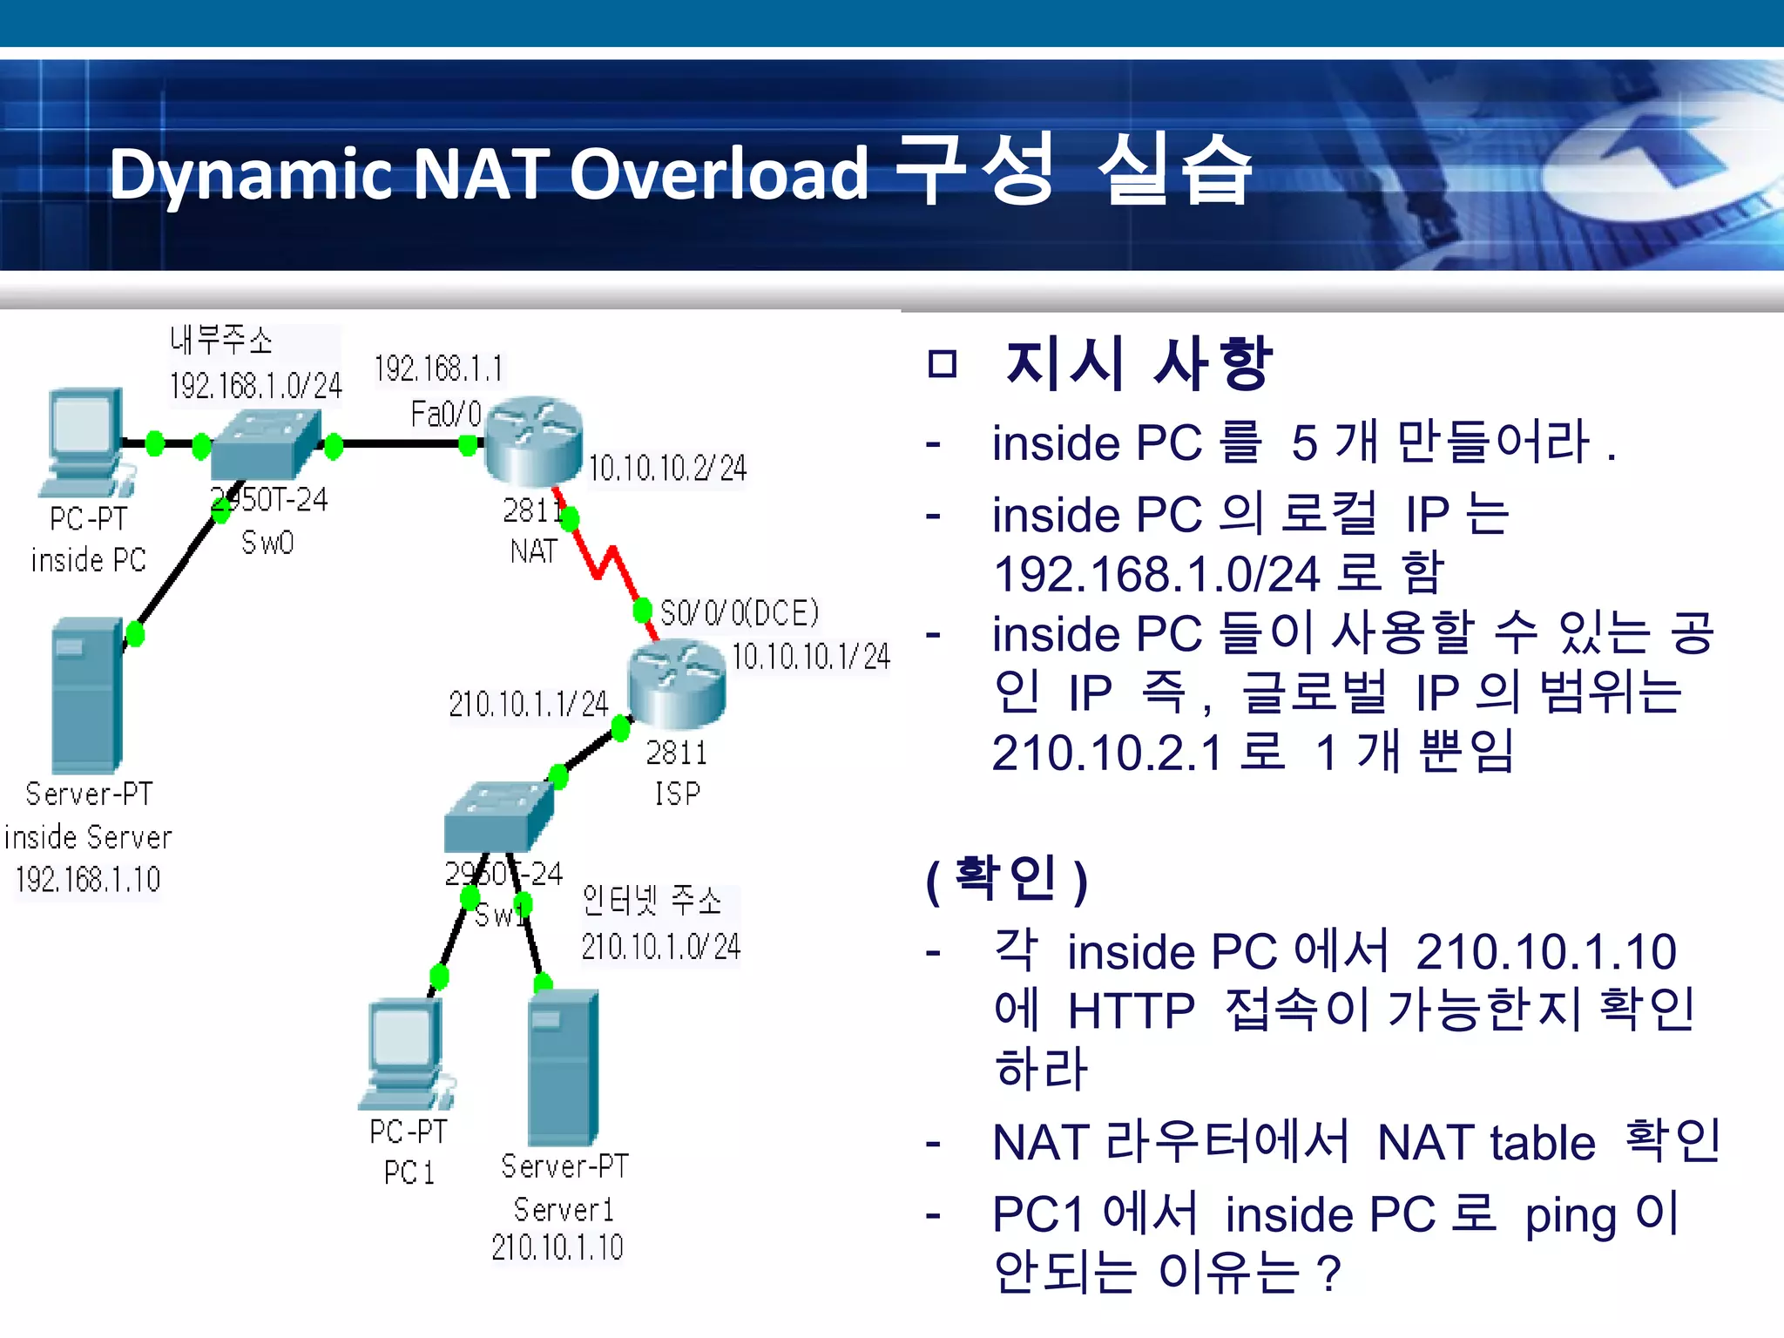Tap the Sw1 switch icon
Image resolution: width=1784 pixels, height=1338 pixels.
pos(498,816)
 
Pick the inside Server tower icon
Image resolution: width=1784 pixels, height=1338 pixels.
pos(87,695)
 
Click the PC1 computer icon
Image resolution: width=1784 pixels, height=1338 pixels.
pos(404,1054)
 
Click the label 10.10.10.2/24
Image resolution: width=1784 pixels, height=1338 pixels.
pos(667,469)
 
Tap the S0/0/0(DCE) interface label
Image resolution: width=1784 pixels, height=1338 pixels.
pos(740,613)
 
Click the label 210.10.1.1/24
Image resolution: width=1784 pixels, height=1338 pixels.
pos(528,704)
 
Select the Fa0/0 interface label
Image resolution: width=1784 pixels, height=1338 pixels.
pos(446,414)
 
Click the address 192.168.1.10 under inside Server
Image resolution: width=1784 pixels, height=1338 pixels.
pos(88,880)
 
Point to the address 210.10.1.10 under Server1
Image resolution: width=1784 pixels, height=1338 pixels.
pos(557,1247)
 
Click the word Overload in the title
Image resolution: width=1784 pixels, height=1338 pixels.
pos(719,174)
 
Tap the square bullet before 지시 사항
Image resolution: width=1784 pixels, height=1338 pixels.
pos(943,363)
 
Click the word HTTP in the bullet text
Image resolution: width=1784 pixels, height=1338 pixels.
pos(1131,1011)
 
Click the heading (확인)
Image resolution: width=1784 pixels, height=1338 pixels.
pos(1007,880)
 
